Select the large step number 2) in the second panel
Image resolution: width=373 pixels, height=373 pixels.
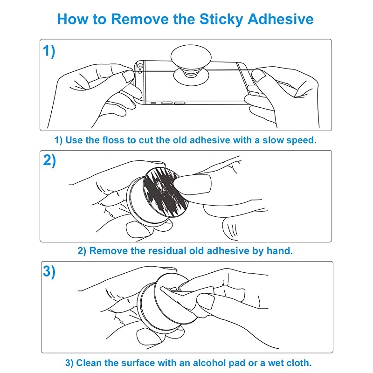[49, 160]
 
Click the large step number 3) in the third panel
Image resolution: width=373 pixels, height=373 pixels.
[49, 271]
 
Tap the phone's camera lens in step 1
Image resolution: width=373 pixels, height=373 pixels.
[140, 67]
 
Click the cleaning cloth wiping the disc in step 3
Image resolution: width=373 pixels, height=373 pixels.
[186, 297]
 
